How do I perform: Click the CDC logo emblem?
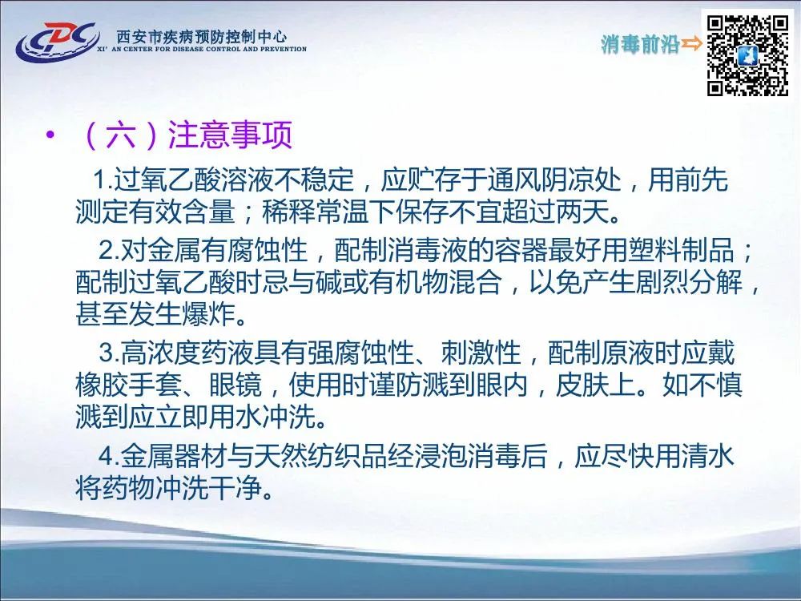click(x=57, y=42)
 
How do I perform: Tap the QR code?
click(x=748, y=55)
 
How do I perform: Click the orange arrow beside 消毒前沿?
click(x=692, y=44)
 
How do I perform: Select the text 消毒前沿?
click(x=640, y=44)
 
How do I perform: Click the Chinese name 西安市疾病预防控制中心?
click(x=202, y=36)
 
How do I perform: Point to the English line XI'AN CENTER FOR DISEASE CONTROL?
click(x=202, y=49)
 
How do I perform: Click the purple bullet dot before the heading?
click(x=50, y=135)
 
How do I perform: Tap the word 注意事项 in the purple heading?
click(x=231, y=135)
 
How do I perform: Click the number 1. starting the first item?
click(x=103, y=179)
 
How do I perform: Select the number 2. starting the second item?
click(x=109, y=250)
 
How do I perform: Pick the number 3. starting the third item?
click(x=109, y=353)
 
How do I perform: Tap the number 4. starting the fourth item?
click(x=109, y=456)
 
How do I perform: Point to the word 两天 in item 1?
click(x=582, y=212)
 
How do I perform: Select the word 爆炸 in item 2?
click(x=208, y=314)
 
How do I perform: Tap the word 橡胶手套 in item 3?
click(x=128, y=385)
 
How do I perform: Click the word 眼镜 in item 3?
click(x=235, y=385)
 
